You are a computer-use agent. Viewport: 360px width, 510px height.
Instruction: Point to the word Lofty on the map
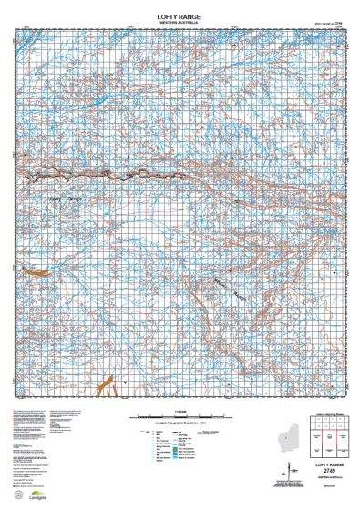[x=56, y=196]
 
